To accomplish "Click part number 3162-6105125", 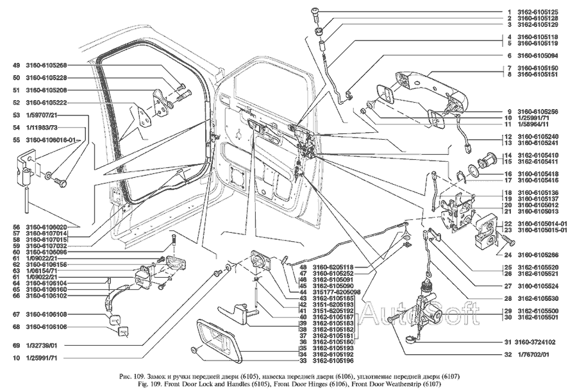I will pos(540,12).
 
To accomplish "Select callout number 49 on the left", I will pos(15,65).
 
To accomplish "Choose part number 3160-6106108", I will pos(47,314).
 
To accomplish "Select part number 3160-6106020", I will pos(47,227).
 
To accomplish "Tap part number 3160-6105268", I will pos(47,65).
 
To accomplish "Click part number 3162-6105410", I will pos(540,155).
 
